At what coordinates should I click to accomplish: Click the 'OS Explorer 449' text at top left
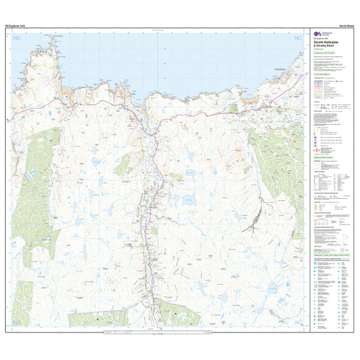[16, 25]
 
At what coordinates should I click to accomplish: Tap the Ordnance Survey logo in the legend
[316, 33]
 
